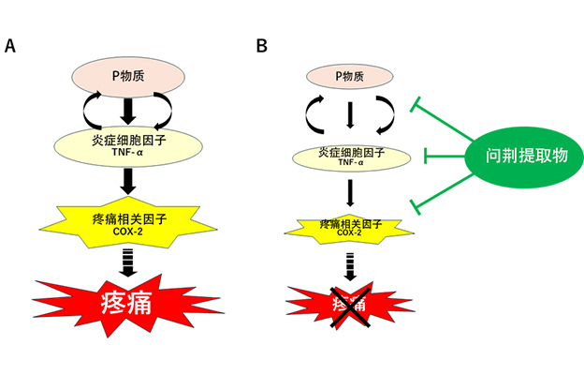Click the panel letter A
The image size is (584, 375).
(10, 46)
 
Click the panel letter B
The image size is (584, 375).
(262, 46)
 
